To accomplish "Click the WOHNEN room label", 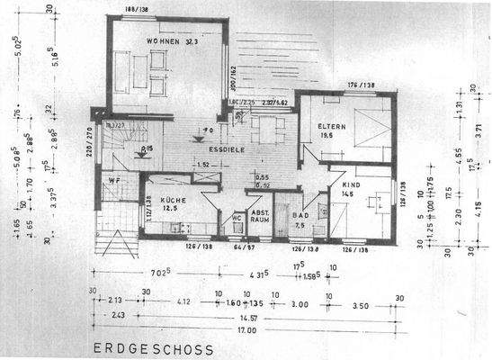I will click(x=158, y=40).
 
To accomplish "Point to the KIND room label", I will click(x=348, y=183).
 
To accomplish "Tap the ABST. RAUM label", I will click(x=260, y=216).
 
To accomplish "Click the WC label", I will click(x=235, y=217).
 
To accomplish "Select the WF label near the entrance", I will click(x=114, y=181).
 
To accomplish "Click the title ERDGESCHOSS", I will click(x=152, y=348).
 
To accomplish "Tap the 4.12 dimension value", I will click(x=183, y=304).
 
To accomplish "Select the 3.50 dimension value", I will click(x=361, y=304).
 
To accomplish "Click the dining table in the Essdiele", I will click(x=266, y=130).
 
